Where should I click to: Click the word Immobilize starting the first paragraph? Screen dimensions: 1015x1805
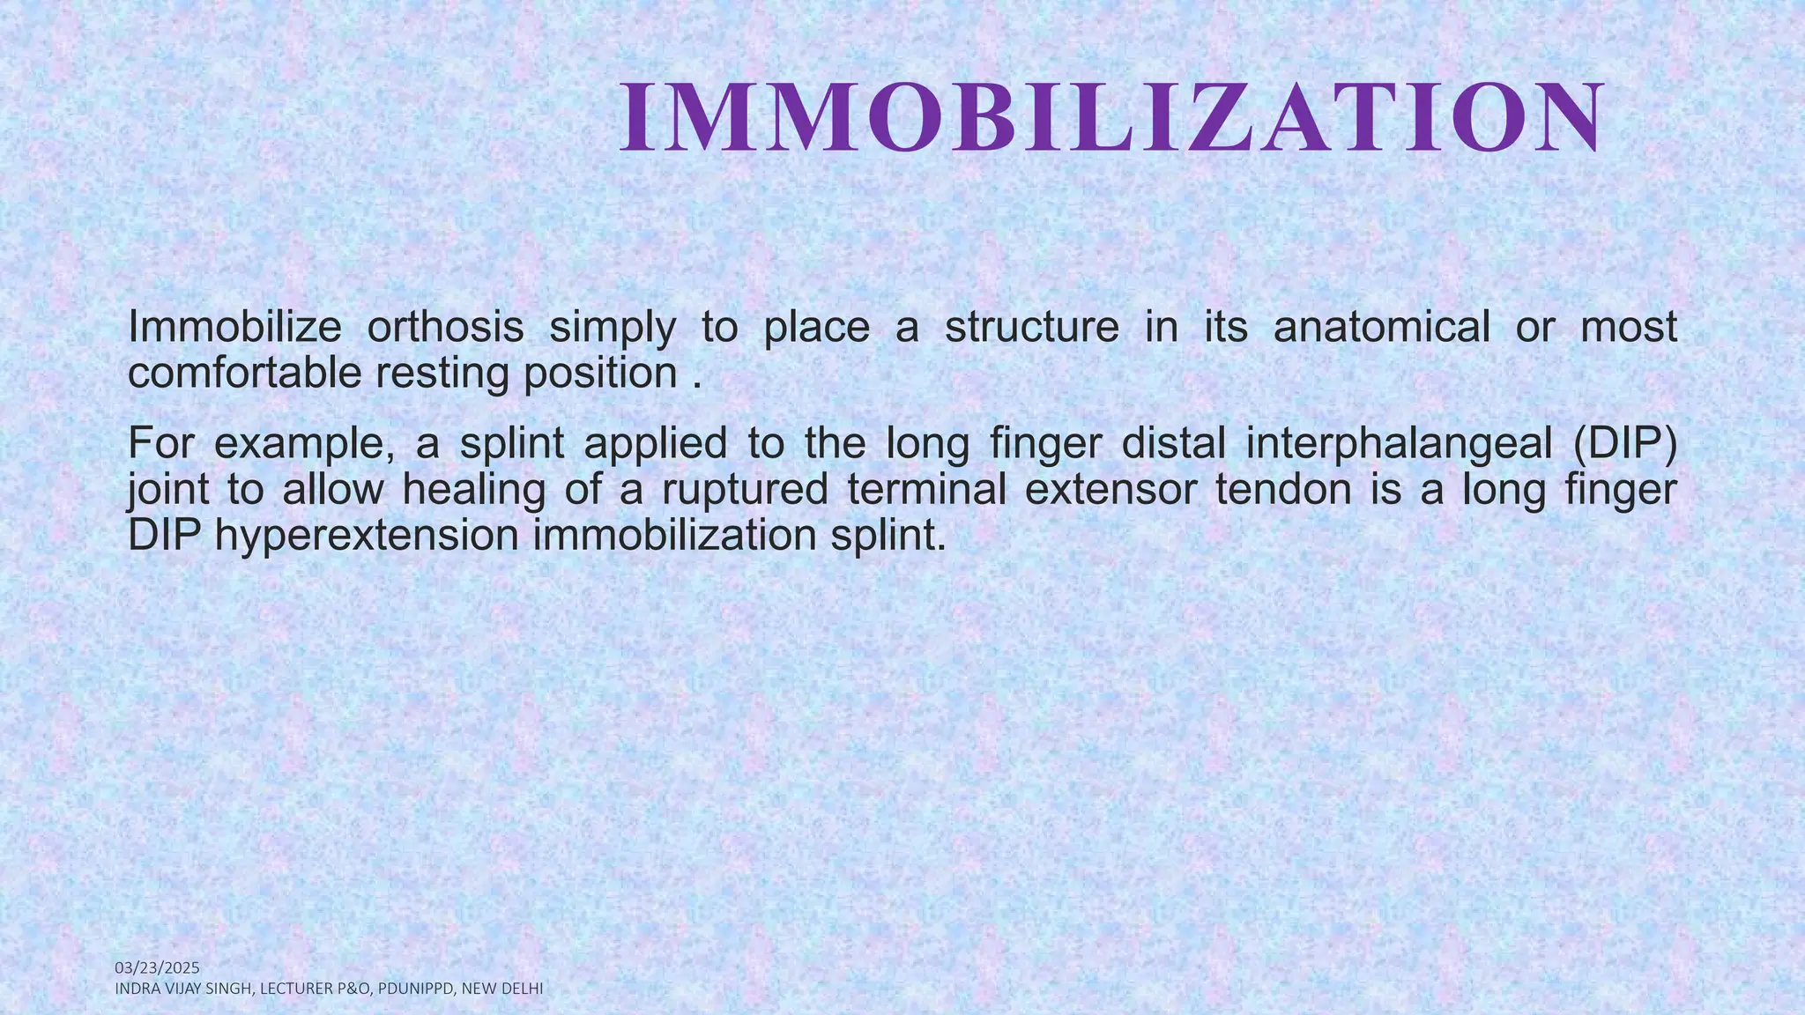point(234,328)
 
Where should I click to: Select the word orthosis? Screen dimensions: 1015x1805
point(445,328)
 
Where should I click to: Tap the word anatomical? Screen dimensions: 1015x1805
point(1381,328)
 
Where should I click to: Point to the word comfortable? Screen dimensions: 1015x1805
point(244,374)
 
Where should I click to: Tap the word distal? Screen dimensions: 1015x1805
point(1173,444)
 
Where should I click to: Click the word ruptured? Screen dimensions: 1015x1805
point(745,490)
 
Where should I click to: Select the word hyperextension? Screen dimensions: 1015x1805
point(367,536)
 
